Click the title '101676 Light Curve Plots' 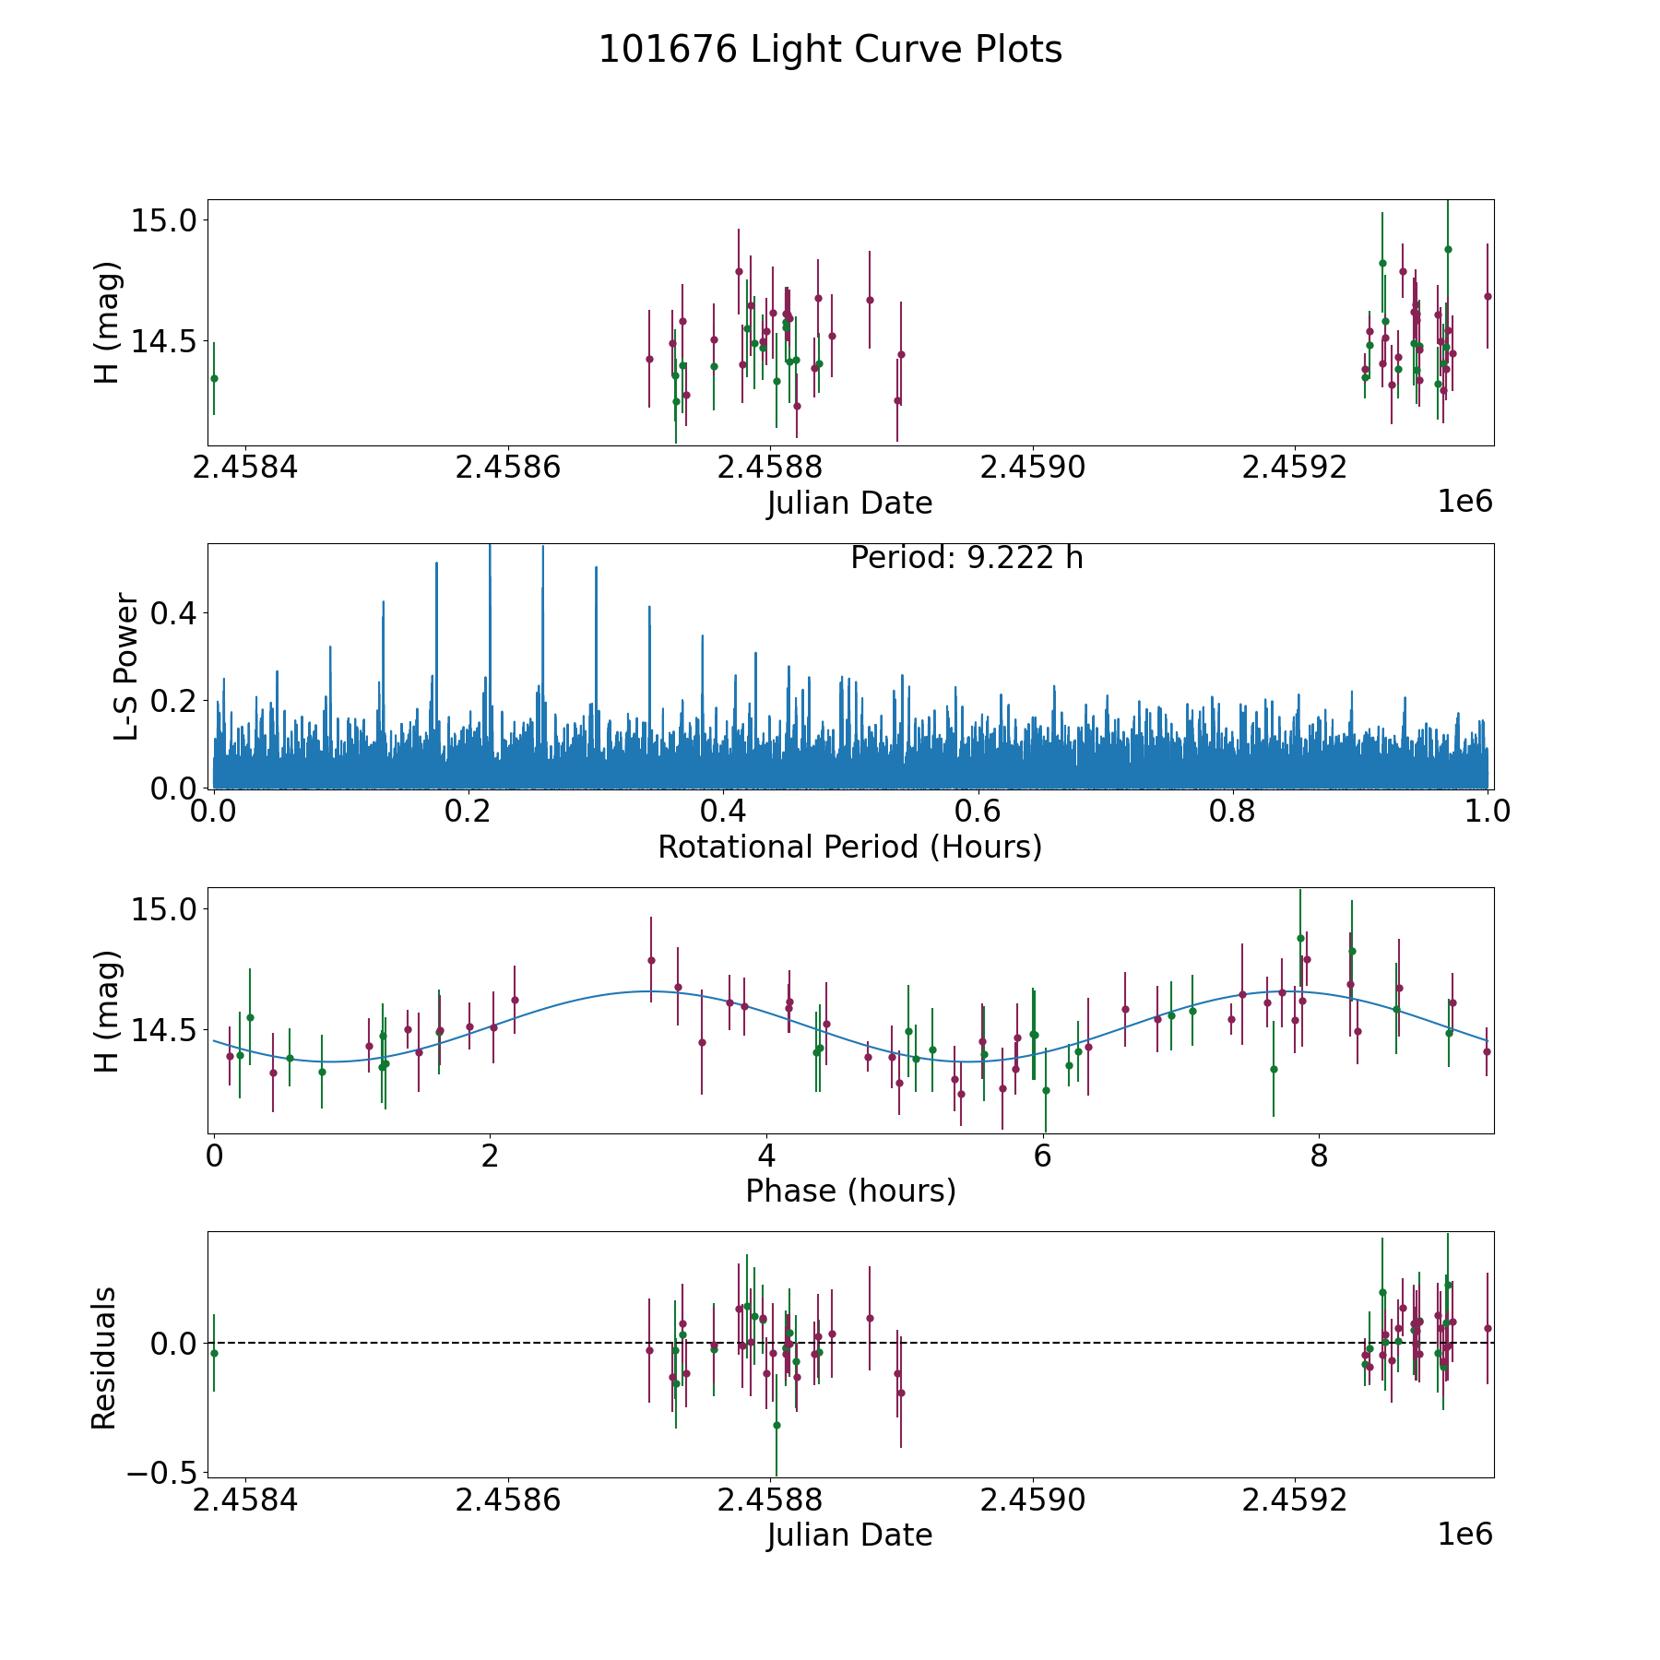tap(830, 50)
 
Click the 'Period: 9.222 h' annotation tap(966, 558)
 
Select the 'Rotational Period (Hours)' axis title tap(849, 847)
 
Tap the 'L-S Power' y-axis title tap(126, 666)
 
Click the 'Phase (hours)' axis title tap(850, 1191)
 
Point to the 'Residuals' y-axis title tap(104, 1358)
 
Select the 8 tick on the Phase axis tap(1319, 1156)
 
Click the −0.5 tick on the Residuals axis tap(150, 1473)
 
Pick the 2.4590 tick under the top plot tap(1032, 468)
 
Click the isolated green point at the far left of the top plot tap(214, 378)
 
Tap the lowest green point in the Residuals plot tap(777, 1425)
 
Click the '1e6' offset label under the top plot tap(1464, 502)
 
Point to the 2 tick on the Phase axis tap(490, 1156)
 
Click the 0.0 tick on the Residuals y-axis tap(172, 1343)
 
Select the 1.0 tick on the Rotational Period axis tap(1488, 812)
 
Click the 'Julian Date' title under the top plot tap(849, 504)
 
